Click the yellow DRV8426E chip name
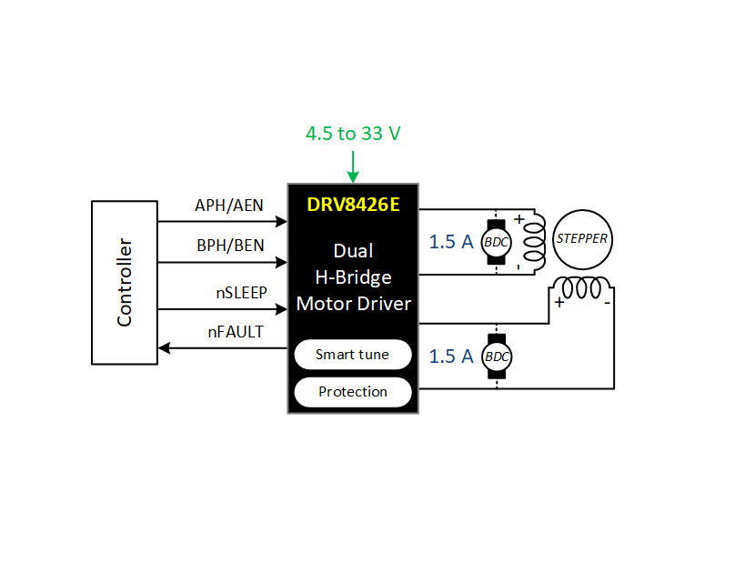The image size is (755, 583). (x=353, y=205)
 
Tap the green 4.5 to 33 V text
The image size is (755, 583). (x=353, y=134)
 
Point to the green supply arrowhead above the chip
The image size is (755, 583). (x=353, y=176)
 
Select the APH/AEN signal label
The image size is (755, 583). (x=228, y=206)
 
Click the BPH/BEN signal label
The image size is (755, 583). (x=230, y=246)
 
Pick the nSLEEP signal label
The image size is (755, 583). (x=241, y=293)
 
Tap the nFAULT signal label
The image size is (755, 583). (x=236, y=332)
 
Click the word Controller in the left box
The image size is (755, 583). (x=125, y=283)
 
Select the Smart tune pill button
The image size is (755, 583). (x=353, y=355)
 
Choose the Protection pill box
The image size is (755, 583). (x=353, y=392)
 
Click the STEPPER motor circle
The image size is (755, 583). (x=582, y=239)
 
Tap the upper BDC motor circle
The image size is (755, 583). (x=496, y=242)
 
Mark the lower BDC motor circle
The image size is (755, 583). (x=497, y=357)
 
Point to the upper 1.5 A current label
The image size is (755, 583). (x=451, y=242)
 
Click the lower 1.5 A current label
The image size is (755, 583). (x=451, y=357)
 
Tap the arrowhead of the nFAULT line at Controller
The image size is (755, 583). (x=164, y=347)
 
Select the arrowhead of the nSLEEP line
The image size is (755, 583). (x=282, y=309)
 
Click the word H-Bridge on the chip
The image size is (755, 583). (x=354, y=277)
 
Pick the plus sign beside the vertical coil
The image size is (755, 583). (x=519, y=219)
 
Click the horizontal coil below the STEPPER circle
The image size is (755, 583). (x=581, y=287)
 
